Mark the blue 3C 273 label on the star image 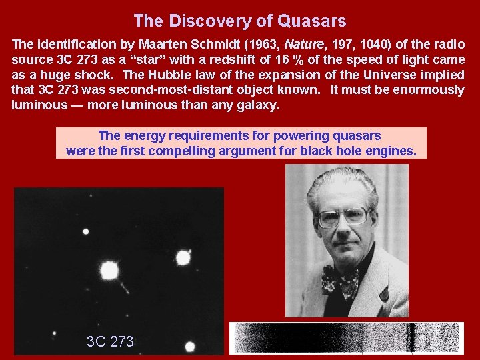click(x=110, y=342)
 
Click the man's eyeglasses click(x=343, y=217)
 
